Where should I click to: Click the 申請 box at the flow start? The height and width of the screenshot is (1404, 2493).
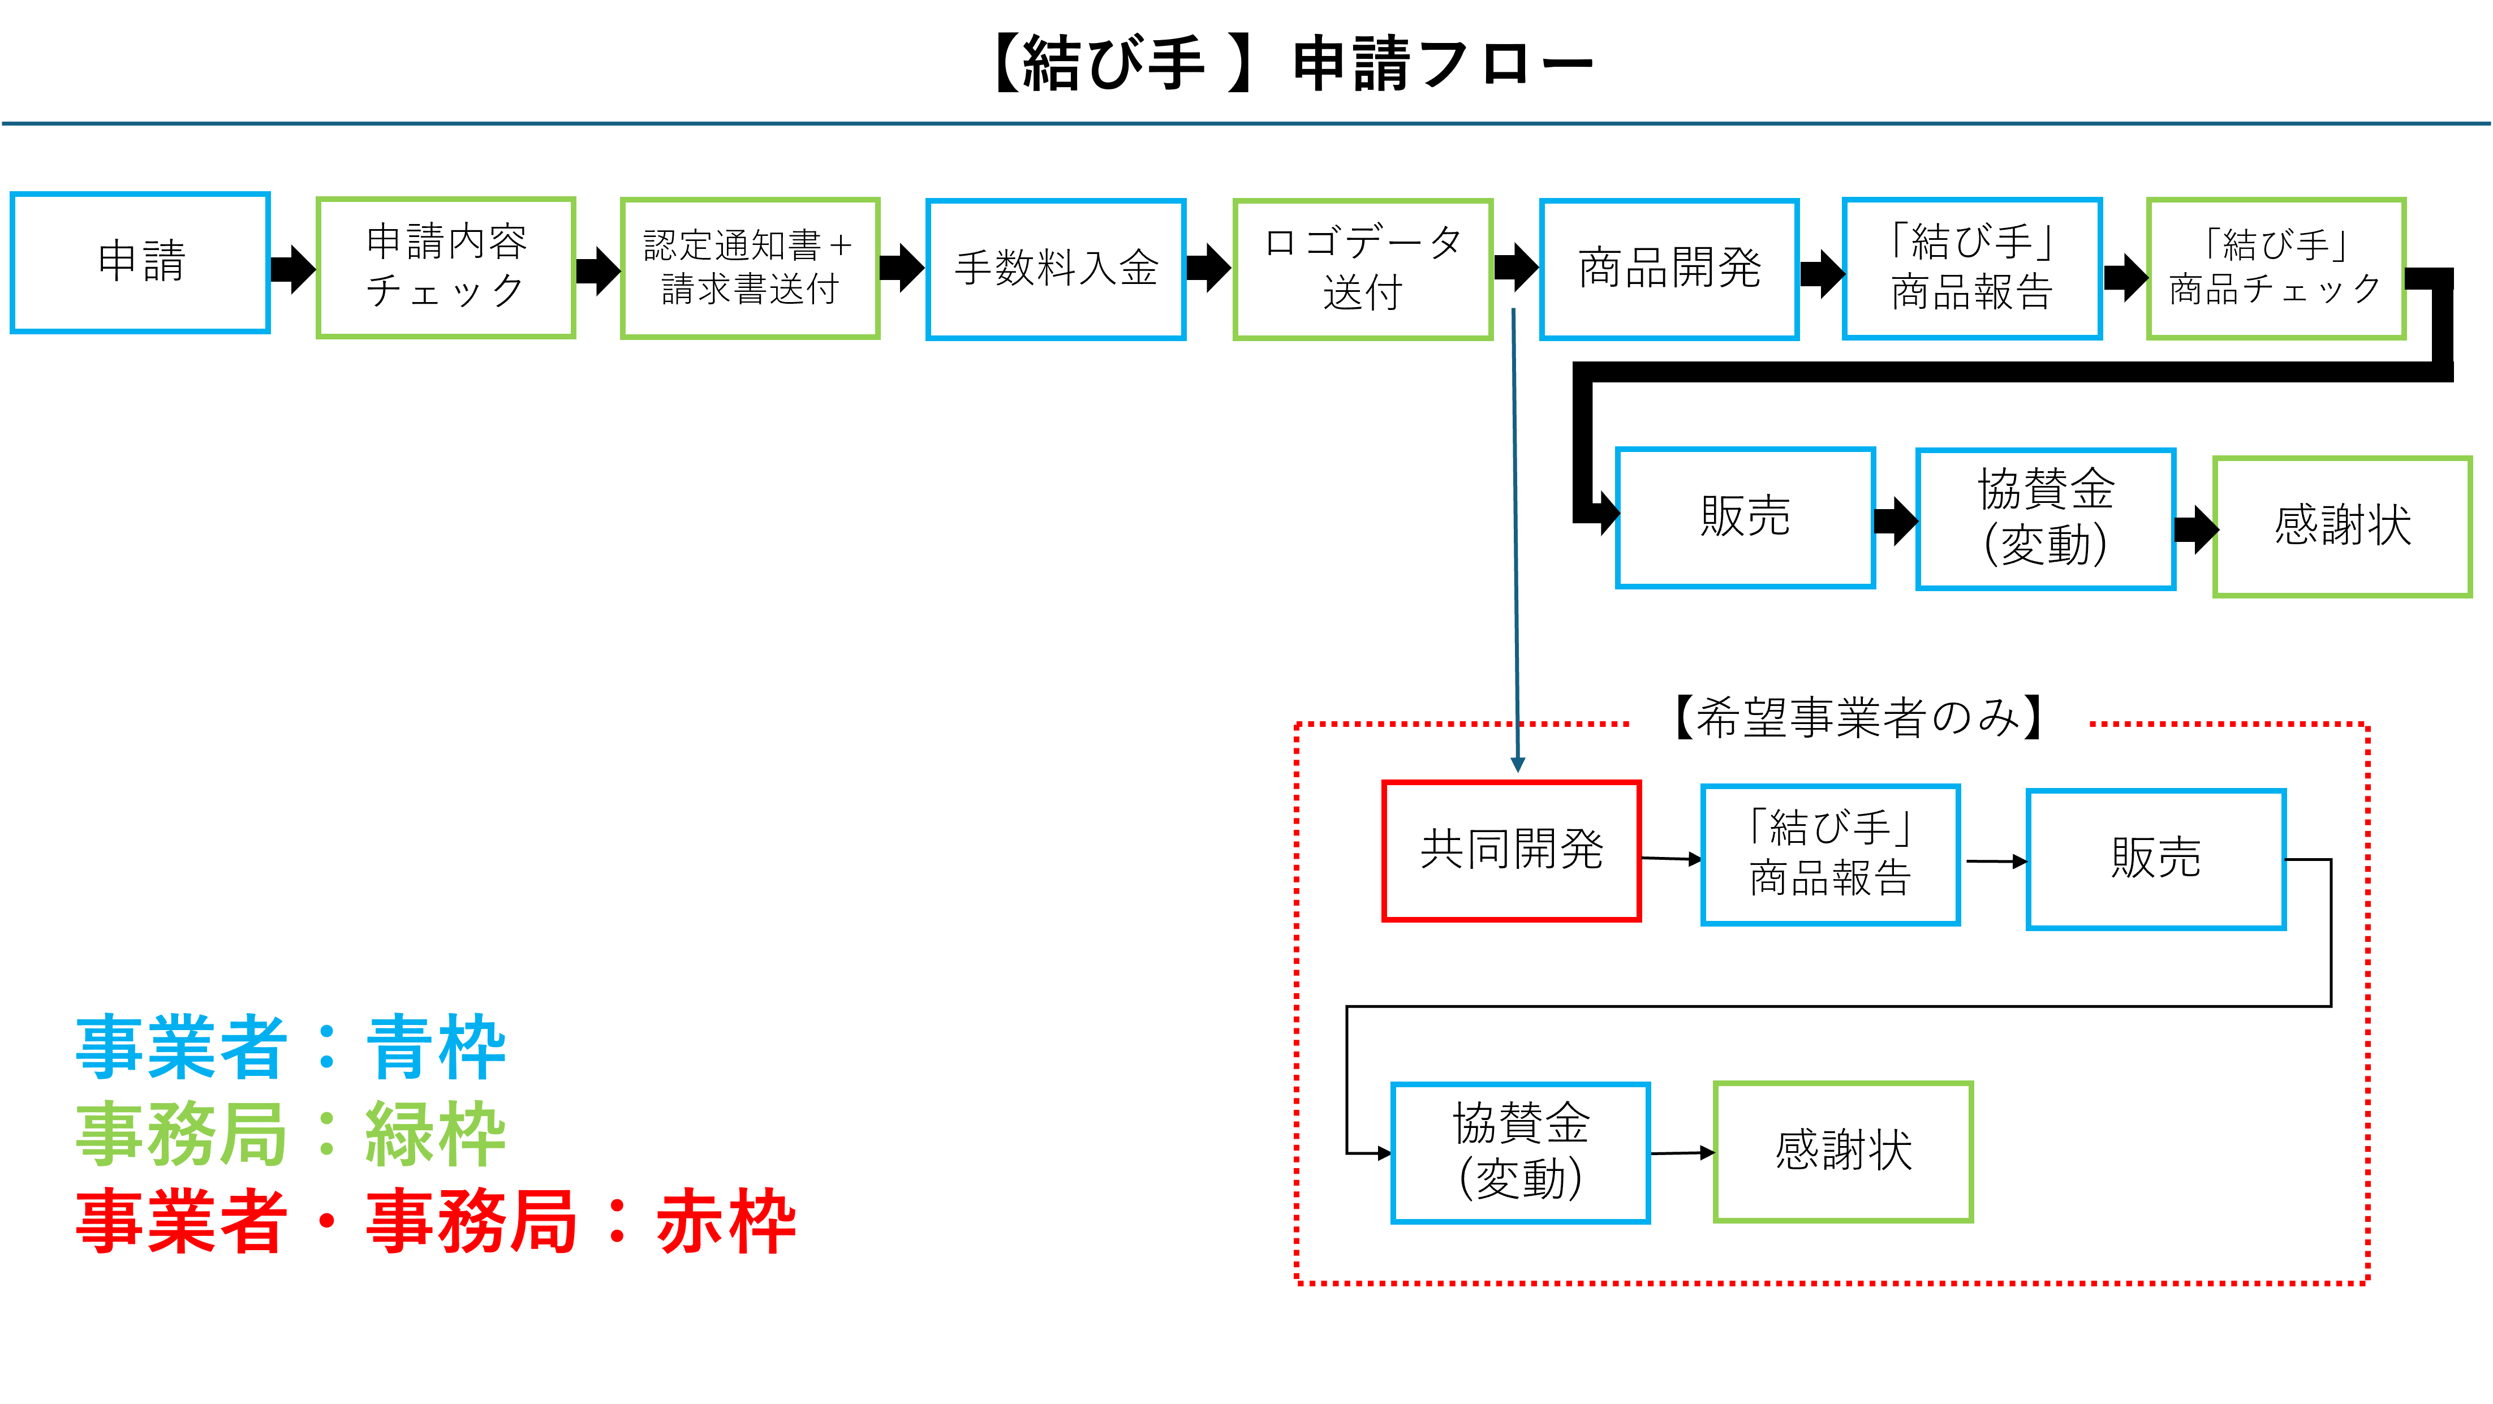click(x=140, y=262)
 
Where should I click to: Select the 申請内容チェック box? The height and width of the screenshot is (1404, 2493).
click(x=446, y=267)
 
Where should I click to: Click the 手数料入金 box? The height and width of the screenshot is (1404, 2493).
click(x=1056, y=269)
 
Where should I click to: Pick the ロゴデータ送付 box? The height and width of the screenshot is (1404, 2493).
click(x=1363, y=269)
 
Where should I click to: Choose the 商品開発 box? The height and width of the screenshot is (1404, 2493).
click(x=1669, y=269)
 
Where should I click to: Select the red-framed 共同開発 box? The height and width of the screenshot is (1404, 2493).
click(x=1511, y=851)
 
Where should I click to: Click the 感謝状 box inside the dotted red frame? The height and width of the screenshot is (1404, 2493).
click(x=1842, y=1152)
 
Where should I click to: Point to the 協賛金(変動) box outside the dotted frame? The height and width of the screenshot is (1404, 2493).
click(x=2046, y=519)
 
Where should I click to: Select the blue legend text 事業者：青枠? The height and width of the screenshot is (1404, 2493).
click(x=290, y=1048)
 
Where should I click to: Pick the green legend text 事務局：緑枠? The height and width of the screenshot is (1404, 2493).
click(x=290, y=1135)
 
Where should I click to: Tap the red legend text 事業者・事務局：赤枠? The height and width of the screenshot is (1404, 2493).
click(x=436, y=1222)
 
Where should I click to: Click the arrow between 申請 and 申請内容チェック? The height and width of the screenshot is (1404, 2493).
click(x=292, y=268)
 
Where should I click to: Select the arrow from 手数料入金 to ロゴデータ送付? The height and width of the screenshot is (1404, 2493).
click(x=1209, y=268)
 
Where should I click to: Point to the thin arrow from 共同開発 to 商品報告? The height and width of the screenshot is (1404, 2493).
click(x=1670, y=858)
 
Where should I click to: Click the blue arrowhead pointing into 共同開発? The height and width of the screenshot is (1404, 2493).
click(x=1518, y=764)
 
